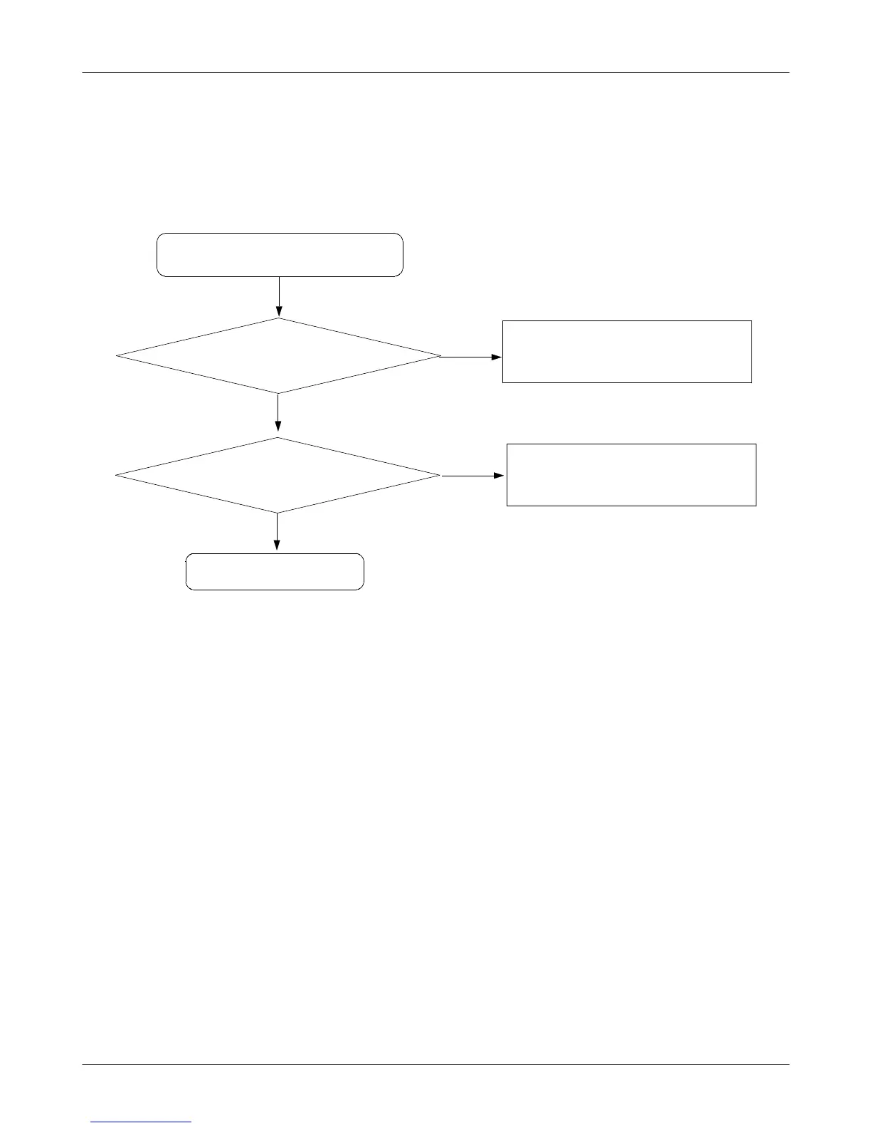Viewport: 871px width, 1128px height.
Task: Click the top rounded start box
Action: (x=280, y=254)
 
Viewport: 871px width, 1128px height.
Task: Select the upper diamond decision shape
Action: (x=278, y=355)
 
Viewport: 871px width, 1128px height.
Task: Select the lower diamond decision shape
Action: (x=278, y=475)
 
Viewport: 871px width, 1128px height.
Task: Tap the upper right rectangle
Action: (x=627, y=352)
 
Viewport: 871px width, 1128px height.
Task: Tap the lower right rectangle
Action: (x=631, y=475)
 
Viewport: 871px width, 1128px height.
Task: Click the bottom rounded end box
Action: (x=275, y=571)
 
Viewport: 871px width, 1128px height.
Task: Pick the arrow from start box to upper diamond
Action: (x=279, y=296)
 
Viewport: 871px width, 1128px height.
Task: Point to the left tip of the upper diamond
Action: (x=117, y=355)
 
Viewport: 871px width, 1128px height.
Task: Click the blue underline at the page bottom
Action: (x=141, y=1122)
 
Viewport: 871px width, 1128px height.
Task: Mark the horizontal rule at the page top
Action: (x=435, y=72)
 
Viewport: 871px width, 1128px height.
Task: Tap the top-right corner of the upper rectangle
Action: (x=751, y=321)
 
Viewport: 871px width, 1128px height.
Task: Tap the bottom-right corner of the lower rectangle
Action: (x=756, y=506)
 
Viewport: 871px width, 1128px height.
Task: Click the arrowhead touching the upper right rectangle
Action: (x=497, y=356)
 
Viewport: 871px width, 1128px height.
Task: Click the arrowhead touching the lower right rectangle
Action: (x=501, y=476)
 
